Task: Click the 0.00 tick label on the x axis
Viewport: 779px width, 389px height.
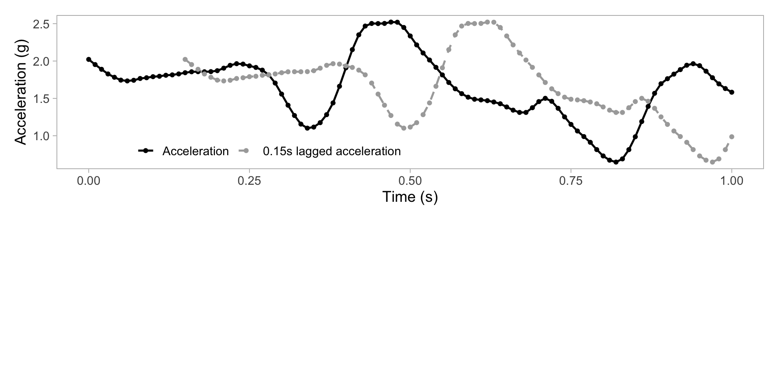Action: [x=88, y=181]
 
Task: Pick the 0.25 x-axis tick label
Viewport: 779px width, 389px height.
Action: [x=249, y=181]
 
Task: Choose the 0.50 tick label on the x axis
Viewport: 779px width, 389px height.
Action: [x=410, y=181]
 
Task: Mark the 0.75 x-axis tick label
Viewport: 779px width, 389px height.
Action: [x=571, y=181]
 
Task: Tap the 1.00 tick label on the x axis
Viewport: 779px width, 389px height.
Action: [x=732, y=181]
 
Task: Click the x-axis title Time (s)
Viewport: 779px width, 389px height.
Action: [x=410, y=197]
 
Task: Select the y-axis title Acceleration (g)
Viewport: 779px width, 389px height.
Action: [x=20, y=92]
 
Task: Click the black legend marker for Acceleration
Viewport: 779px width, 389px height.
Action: [x=146, y=151]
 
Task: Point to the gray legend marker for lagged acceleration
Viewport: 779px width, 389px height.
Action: [x=246, y=151]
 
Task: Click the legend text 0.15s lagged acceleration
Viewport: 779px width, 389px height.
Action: [x=331, y=151]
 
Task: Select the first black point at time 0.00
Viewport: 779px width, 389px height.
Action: [x=88, y=60]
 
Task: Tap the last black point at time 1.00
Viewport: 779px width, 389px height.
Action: [x=732, y=92]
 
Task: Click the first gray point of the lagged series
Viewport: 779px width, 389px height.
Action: [x=185, y=60]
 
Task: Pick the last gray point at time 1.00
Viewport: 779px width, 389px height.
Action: [x=732, y=137]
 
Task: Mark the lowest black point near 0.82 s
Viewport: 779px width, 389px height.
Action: [x=616, y=162]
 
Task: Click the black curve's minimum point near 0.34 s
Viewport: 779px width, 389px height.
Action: [x=307, y=128]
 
